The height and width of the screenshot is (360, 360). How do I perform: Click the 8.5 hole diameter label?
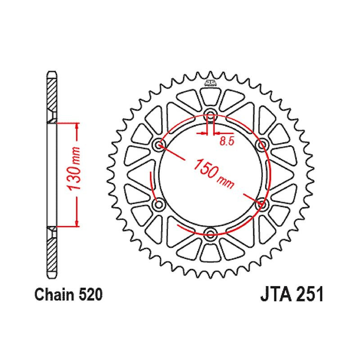pos(226,141)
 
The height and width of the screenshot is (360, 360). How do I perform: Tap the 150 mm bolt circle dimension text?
pos(213,173)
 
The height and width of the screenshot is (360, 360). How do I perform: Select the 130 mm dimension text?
pos(75,169)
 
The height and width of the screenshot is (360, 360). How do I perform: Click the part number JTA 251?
pos(292,294)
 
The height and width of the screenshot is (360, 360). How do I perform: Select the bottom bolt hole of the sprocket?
pos(210,234)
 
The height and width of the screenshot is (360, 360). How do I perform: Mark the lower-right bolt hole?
pos(262,204)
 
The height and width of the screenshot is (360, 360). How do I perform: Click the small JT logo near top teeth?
pos(210,82)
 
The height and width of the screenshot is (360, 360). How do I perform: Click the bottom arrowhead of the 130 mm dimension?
pos(77,223)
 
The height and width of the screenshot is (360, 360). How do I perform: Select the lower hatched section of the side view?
pos(51,255)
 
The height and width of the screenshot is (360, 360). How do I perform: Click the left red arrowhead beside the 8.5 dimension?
pos(203,133)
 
